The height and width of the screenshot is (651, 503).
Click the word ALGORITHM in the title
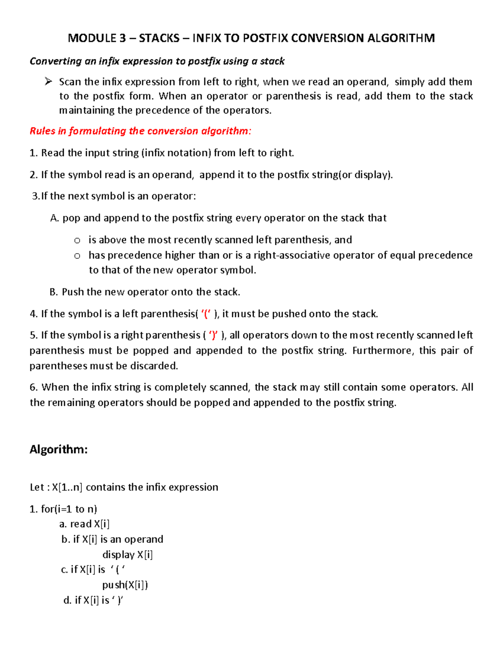(401, 38)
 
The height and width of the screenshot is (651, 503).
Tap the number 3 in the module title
(122, 38)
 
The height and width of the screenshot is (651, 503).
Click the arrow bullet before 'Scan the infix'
(48, 81)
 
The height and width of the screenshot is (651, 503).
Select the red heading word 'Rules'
(42, 131)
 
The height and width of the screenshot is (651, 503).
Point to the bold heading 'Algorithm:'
(59, 449)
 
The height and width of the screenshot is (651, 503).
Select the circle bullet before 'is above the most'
(77, 240)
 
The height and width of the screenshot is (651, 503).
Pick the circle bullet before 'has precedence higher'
(77, 256)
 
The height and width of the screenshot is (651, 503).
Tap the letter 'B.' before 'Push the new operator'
(54, 292)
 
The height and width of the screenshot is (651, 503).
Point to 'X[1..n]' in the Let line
(67, 487)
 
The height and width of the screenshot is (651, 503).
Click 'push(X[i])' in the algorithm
(125, 585)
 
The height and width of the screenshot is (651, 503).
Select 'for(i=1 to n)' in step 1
(69, 509)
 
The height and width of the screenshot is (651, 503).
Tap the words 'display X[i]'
(127, 555)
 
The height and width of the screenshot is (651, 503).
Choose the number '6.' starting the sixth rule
(34, 387)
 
